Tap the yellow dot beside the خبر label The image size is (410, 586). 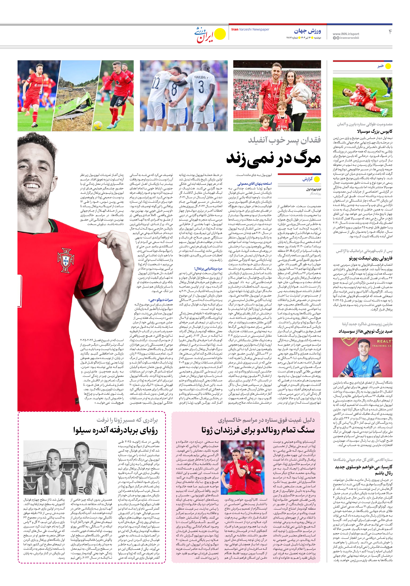click(x=388, y=66)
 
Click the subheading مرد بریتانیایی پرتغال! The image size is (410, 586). click(x=208, y=268)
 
